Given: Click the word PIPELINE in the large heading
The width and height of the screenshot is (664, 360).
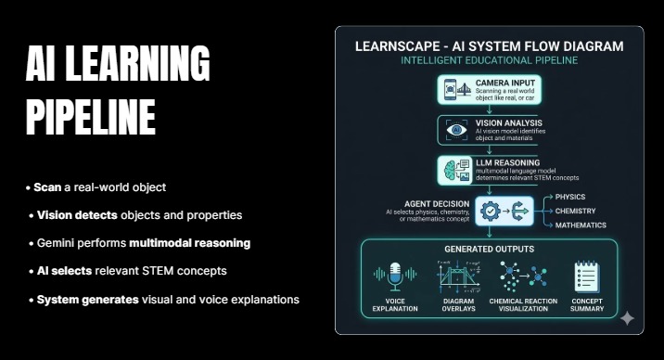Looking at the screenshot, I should pyautogui.click(x=90, y=117).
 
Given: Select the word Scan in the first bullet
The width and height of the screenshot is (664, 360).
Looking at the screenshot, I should pyautogui.click(x=46, y=187).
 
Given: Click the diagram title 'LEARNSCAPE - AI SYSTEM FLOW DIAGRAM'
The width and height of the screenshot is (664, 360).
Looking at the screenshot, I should pyautogui.click(x=490, y=45).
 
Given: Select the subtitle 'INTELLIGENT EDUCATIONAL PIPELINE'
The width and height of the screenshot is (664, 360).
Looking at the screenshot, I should pyautogui.click(x=490, y=60).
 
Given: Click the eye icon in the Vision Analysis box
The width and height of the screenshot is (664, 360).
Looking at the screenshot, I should pyautogui.click(x=455, y=130).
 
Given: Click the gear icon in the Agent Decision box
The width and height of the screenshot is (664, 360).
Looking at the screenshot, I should pyautogui.click(x=491, y=212).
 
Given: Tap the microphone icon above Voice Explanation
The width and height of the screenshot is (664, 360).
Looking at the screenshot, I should pyautogui.click(x=392, y=275).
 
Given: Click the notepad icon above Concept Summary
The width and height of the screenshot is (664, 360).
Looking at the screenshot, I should pyautogui.click(x=586, y=276).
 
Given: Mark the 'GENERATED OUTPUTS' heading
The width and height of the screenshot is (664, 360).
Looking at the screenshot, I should pyautogui.click(x=489, y=250).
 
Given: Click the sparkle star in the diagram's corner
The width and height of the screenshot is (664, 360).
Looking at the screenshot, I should pyautogui.click(x=627, y=318).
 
